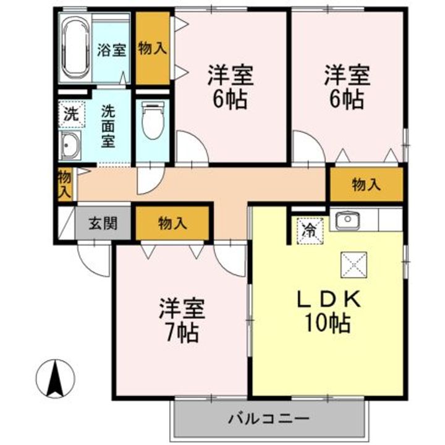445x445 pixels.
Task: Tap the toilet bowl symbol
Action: [x=151, y=121]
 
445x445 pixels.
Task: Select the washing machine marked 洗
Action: [x=72, y=114]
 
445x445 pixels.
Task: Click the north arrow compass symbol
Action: [x=56, y=378]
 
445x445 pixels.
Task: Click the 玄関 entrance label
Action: [x=102, y=224]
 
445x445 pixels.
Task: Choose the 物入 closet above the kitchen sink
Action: [x=366, y=184]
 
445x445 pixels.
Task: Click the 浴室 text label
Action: [x=111, y=50]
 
